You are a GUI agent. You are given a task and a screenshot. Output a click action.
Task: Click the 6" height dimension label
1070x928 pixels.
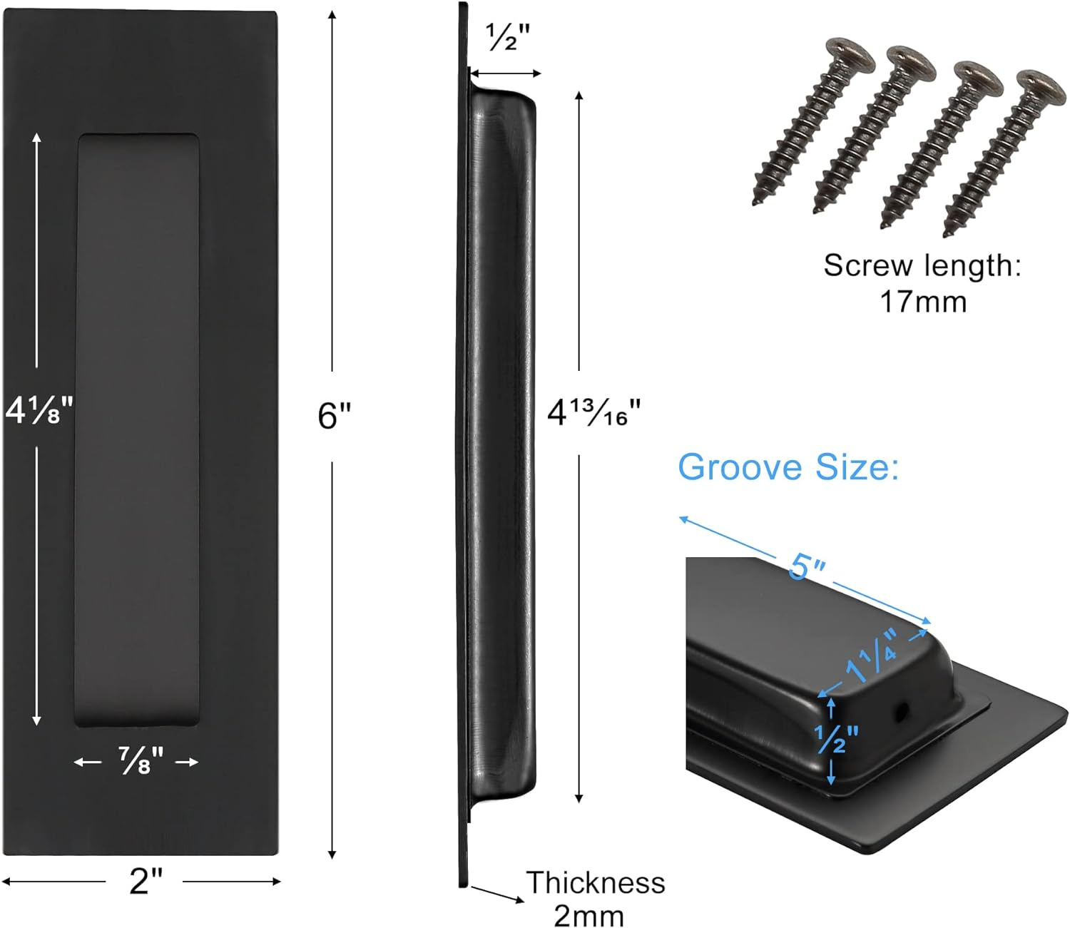tap(334, 416)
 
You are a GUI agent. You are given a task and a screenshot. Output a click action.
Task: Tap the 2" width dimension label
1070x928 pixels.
tap(146, 881)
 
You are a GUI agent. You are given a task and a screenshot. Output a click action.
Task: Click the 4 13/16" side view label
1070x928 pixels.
tap(593, 413)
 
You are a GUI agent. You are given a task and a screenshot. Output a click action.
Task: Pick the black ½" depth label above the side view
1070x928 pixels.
tap(508, 37)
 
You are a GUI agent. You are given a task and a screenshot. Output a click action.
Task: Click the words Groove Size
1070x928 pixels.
tap(788, 468)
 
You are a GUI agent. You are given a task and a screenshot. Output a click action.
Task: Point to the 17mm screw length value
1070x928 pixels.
tap(922, 302)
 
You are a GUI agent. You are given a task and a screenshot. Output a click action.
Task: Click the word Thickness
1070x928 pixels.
tap(595, 882)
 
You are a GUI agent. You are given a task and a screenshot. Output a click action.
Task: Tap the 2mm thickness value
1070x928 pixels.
tap(588, 915)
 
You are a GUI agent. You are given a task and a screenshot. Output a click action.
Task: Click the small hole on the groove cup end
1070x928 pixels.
tap(902, 709)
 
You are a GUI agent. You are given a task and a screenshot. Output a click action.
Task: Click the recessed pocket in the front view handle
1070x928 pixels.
tap(136, 428)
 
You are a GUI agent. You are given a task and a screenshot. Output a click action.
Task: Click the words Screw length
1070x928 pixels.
tap(922, 265)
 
